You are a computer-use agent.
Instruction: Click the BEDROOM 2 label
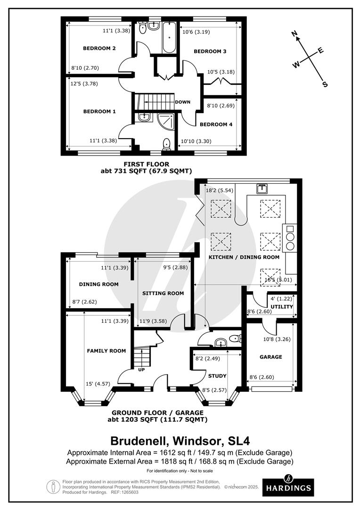click(x=99, y=49)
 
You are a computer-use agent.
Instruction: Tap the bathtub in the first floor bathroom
click(x=169, y=37)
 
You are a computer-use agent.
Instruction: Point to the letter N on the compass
click(x=295, y=33)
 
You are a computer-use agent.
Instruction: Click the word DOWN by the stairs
click(x=183, y=102)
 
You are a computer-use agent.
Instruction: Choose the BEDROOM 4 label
click(x=216, y=124)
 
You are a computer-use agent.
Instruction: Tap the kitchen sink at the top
click(x=262, y=188)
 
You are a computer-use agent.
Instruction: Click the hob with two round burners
click(x=290, y=238)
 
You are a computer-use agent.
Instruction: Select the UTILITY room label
click(x=282, y=306)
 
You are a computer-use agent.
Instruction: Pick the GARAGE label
click(x=271, y=357)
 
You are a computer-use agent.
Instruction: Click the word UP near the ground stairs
click(x=141, y=370)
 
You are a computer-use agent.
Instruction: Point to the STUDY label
click(x=217, y=376)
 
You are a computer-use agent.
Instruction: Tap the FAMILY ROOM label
click(x=106, y=351)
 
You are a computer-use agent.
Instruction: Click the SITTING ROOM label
click(x=163, y=293)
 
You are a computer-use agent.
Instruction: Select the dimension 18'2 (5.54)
click(x=220, y=190)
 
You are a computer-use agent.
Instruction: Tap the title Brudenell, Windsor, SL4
click(x=180, y=441)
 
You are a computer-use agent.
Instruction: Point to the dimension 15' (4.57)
click(x=98, y=384)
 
